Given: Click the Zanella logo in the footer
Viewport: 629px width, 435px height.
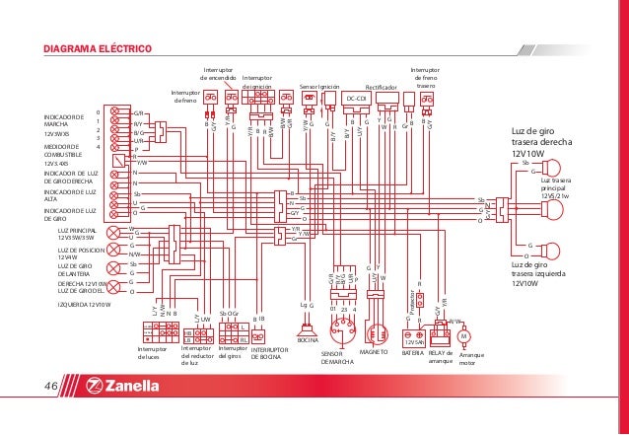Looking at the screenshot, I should (x=122, y=386).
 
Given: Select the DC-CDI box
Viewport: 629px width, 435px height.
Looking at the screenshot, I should (x=356, y=99).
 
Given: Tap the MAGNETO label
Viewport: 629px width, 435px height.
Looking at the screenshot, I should (x=374, y=351).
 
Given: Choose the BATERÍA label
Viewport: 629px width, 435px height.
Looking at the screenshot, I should (x=413, y=351).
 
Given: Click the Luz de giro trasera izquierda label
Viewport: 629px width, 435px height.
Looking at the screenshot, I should (x=537, y=274).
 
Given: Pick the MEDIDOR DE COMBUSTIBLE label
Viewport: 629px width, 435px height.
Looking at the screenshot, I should (x=68, y=149).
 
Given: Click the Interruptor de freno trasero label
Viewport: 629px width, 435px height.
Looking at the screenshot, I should (x=426, y=78).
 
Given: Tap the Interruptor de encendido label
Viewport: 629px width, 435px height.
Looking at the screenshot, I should (x=218, y=74).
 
